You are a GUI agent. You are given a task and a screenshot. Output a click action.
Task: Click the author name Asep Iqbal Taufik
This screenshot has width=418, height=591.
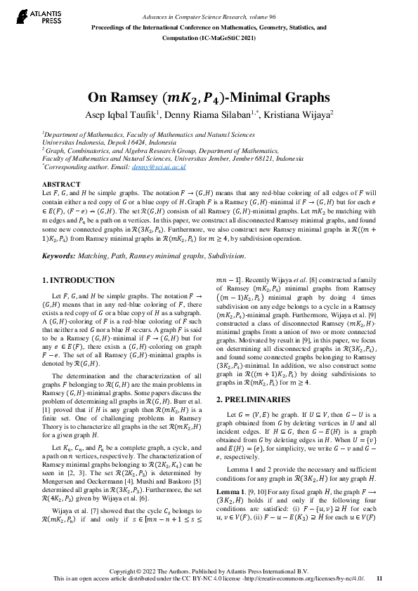pyautogui.click(x=121, y=115)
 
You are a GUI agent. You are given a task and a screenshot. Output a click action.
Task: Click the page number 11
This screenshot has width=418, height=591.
pyautogui.click(x=379, y=579)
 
